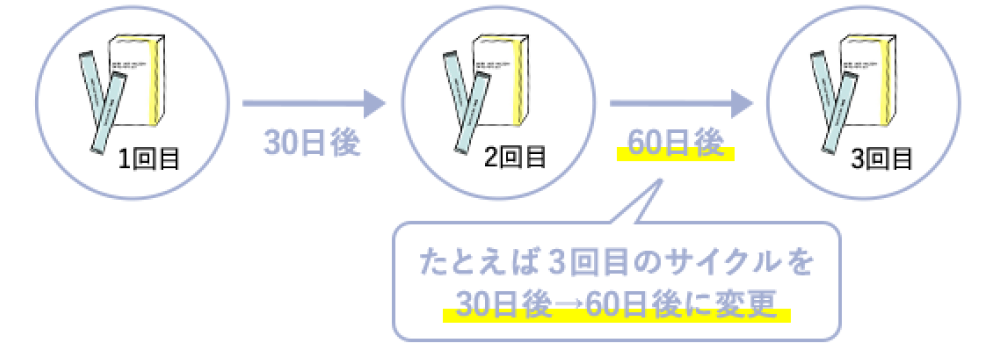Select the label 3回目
[x=881, y=157]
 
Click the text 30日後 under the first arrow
[x=312, y=143]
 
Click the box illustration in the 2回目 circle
[x=496, y=80]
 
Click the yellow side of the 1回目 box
[x=154, y=80]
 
